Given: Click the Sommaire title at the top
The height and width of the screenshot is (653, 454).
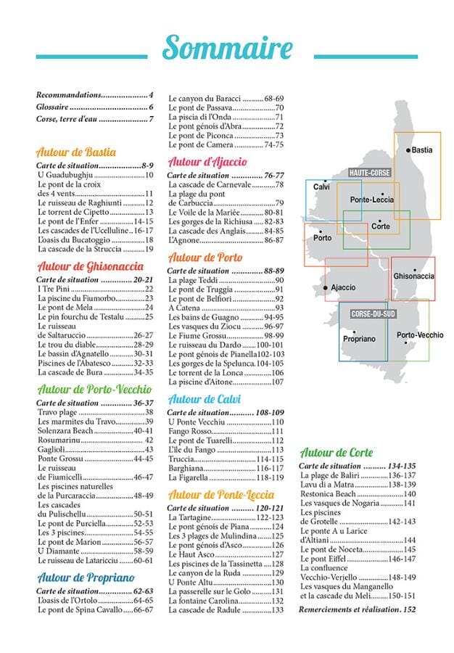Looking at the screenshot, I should [227, 47].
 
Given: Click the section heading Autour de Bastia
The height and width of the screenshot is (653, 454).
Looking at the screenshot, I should [76, 152].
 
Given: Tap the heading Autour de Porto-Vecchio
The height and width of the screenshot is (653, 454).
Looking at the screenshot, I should [94, 389].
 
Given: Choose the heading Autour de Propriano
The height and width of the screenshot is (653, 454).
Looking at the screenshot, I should [86, 578].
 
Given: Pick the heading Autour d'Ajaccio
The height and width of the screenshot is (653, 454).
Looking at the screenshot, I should [207, 162].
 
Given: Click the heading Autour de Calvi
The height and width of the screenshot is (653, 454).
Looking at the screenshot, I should [205, 399].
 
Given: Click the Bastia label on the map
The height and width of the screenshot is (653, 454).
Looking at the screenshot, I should [421, 150].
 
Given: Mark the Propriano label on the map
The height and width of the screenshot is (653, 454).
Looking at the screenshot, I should [359, 339].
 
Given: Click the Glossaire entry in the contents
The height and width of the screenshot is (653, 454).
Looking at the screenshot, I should [94, 107].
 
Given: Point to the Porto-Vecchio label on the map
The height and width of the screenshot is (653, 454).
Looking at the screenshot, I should [420, 334].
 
